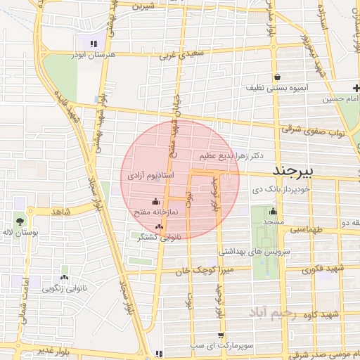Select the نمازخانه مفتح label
pyautogui.click(x=155, y=211)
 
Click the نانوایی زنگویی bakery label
pyautogui.click(x=65, y=287)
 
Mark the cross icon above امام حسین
pyautogui.click(x=356, y=87)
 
